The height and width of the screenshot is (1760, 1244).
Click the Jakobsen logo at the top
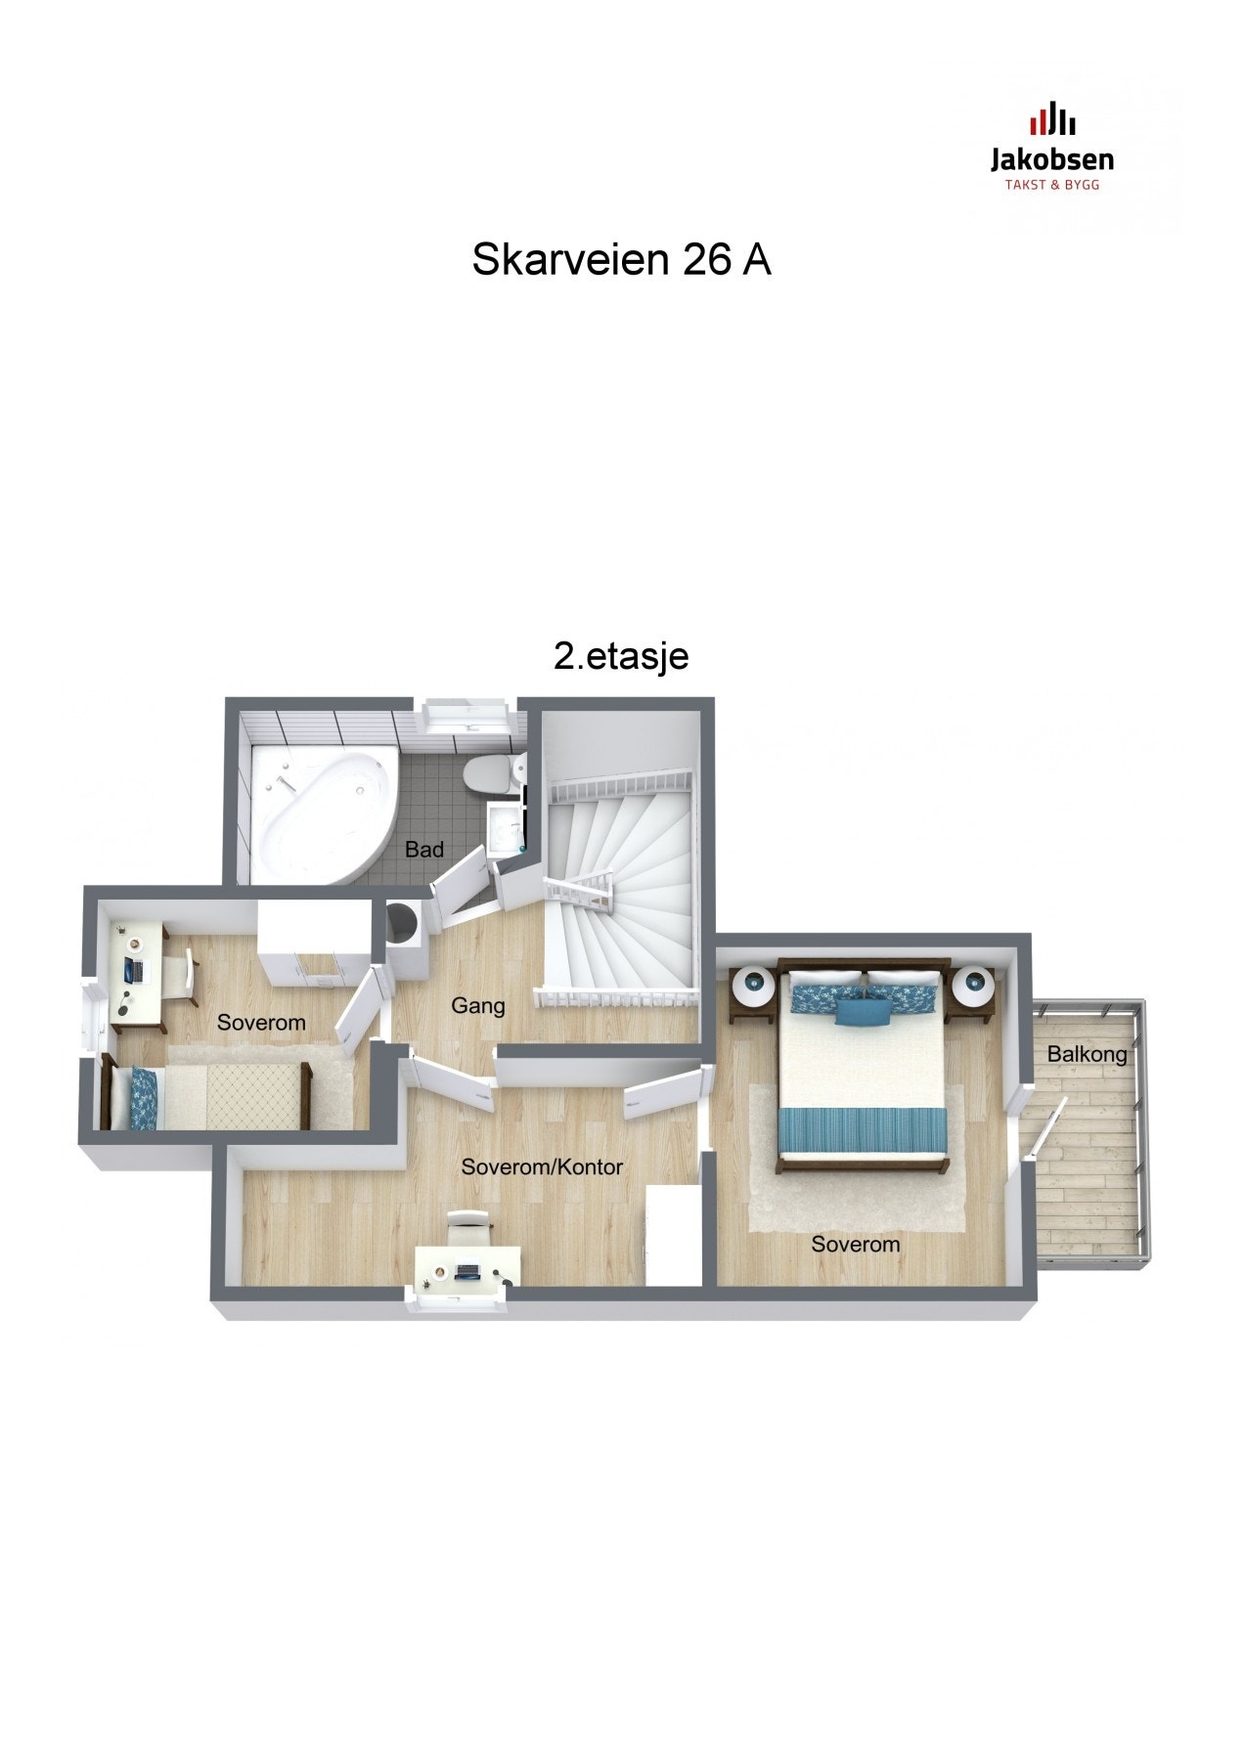click(x=1051, y=147)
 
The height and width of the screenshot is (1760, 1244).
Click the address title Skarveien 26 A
click(x=621, y=260)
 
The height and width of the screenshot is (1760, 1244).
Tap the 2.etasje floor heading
click(x=621, y=656)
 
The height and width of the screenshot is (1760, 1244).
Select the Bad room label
click(x=424, y=850)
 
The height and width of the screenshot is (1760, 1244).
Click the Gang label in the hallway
click(x=478, y=1005)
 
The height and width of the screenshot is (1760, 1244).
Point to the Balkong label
click(x=1087, y=1054)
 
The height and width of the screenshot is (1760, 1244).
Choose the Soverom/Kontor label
click(x=542, y=1166)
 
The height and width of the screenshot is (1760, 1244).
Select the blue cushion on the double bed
click(x=862, y=1009)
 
